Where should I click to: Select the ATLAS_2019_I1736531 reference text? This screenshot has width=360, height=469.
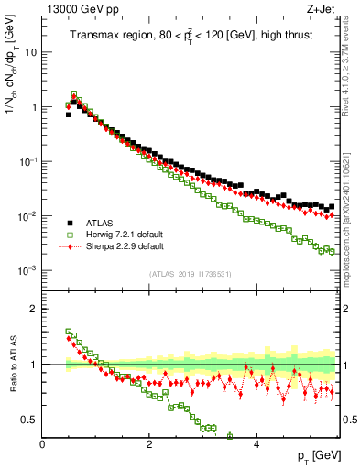click(190, 274)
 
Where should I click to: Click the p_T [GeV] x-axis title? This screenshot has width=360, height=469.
click(316, 455)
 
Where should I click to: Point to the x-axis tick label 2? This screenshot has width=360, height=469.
click(149, 443)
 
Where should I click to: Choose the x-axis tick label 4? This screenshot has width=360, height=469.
click(256, 443)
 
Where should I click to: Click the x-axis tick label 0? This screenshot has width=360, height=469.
click(43, 443)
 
